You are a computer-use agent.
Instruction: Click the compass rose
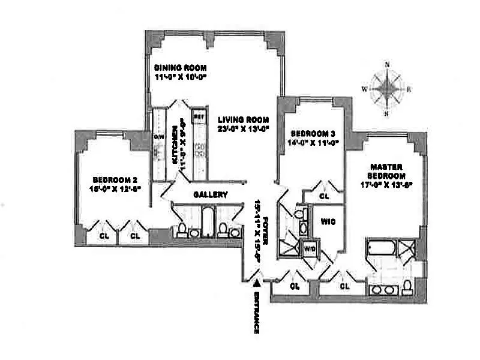pos(387,89)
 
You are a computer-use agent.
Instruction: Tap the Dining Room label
pos(178,68)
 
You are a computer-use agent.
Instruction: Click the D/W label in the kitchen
pos(160,137)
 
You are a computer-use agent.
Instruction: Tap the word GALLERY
pos(210,194)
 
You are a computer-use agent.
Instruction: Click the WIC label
pos(328,221)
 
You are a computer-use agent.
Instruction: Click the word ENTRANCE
pos(256,313)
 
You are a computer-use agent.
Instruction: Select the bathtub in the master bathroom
pos(382,248)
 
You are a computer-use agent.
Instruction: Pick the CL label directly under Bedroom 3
pos(324,196)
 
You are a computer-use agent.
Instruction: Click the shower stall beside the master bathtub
pos(410,248)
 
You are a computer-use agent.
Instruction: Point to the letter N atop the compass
pos(387,65)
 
